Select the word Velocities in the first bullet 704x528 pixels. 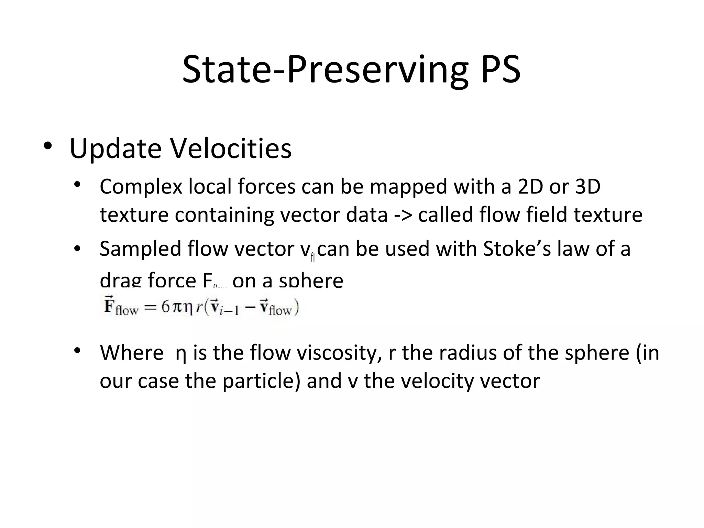pyautogui.click(x=231, y=148)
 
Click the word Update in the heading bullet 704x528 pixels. pyautogui.click(x=115, y=148)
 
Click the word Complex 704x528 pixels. pyautogui.click(x=141, y=187)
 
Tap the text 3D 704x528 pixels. pyautogui.click(x=587, y=187)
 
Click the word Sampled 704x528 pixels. pyautogui.click(x=140, y=249)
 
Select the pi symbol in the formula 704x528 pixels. pyautogui.click(x=176, y=307)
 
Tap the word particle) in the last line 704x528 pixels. pyautogui.click(x=262, y=381)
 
